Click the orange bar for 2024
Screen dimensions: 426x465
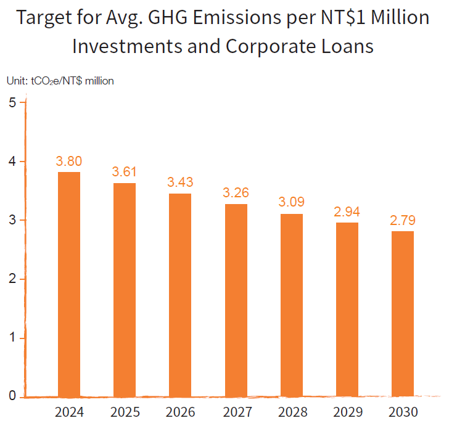(68, 284)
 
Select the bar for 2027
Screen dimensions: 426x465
(236, 300)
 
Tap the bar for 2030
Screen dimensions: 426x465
(403, 313)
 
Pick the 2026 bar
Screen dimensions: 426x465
(180, 295)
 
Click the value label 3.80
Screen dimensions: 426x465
(68, 162)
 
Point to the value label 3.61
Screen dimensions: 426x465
(124, 172)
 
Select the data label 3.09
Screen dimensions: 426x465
(291, 202)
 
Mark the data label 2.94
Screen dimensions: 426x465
(347, 211)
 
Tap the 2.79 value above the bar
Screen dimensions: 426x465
(403, 220)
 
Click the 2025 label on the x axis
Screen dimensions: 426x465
(124, 412)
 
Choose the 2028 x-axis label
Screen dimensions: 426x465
(291, 412)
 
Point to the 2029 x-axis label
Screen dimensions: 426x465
(347, 412)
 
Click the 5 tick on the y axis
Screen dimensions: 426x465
(12, 102)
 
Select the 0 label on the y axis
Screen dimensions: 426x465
(12, 396)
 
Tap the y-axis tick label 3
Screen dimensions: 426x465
(12, 220)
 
